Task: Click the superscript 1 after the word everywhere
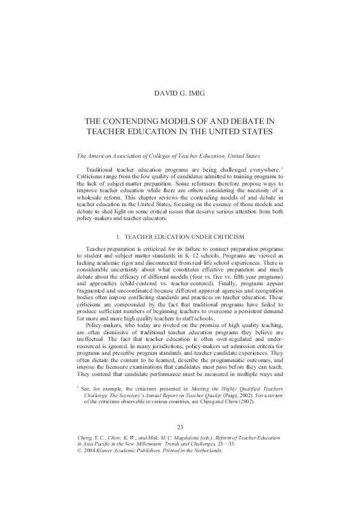283,169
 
